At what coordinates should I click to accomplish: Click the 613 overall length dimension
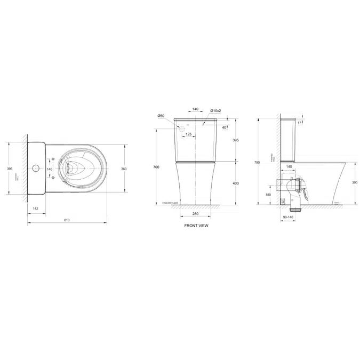[67, 220]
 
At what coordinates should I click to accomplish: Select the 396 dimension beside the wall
[10, 169]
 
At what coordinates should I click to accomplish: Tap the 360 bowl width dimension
[124, 169]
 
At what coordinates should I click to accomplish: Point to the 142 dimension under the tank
[35, 209]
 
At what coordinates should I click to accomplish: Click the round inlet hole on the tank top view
[36, 169]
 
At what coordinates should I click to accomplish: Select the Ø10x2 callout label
[215, 110]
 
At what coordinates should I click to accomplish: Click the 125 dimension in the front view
[188, 134]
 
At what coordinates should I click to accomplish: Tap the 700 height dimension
[156, 167]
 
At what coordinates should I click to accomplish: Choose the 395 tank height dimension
[235, 140]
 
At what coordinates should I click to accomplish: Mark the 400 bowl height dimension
[235, 183]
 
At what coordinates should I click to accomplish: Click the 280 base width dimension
[196, 214]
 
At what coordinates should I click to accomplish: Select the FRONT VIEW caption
[196, 226]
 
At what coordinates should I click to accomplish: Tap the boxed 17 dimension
[300, 123]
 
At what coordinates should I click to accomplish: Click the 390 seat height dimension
[355, 182]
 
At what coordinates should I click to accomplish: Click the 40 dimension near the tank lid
[223, 127]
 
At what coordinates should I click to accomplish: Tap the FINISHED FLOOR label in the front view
[170, 203]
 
